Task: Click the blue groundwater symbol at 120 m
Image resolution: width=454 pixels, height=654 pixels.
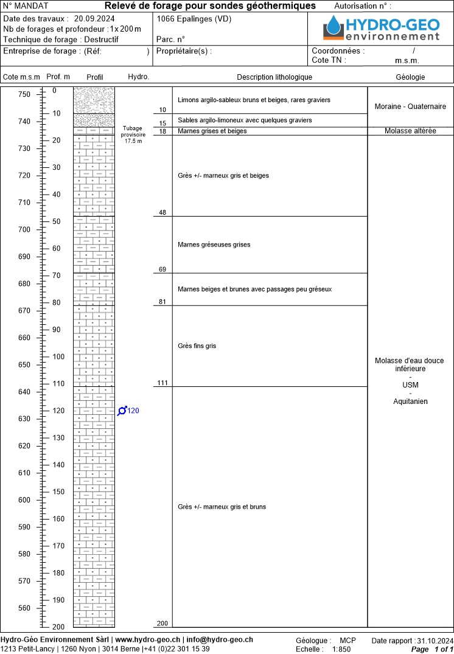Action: (x=122, y=411)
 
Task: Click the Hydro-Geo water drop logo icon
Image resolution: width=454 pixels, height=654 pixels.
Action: (x=333, y=26)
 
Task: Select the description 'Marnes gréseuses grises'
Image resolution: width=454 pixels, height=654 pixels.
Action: (x=214, y=245)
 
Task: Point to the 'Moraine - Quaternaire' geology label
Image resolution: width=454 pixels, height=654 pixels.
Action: (x=410, y=106)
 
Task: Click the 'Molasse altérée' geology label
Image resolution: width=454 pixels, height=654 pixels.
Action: (x=410, y=131)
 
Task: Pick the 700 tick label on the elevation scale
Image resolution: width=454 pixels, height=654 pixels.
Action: (x=23, y=229)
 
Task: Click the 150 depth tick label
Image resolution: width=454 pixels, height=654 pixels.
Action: (x=58, y=492)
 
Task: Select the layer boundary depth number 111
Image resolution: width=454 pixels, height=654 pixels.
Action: (x=161, y=383)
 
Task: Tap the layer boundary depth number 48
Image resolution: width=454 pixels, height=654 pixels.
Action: (x=162, y=212)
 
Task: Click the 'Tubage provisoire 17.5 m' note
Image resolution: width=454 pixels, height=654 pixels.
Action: (x=133, y=134)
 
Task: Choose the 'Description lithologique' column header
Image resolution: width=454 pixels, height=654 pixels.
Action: (x=274, y=77)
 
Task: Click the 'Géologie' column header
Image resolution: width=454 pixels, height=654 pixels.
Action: (x=410, y=77)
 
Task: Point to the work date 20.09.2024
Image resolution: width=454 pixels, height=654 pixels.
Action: (x=94, y=18)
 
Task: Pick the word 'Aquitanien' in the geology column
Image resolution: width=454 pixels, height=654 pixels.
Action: (x=410, y=402)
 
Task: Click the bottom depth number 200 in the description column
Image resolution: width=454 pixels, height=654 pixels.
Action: (x=161, y=624)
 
